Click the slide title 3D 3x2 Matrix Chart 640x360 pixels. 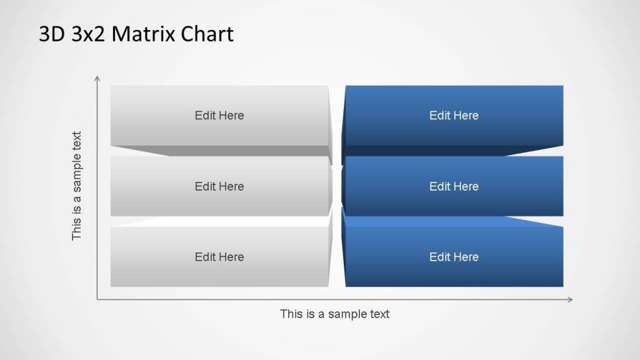point(136,34)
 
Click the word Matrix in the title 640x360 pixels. point(145,34)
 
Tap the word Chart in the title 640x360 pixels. point(207,34)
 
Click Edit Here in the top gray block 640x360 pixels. point(219,116)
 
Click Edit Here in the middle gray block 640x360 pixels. point(219,186)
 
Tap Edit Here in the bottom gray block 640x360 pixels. point(219,257)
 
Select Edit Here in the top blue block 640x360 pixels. point(454,116)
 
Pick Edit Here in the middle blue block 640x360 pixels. point(454,186)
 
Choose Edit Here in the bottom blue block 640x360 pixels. point(454,257)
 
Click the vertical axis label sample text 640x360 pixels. point(77,186)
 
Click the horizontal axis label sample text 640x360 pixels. point(334,314)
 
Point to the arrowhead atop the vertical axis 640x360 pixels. point(97,78)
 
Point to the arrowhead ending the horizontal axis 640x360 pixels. point(570,299)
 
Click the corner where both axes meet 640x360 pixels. point(97,299)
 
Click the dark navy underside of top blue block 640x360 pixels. point(454,151)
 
